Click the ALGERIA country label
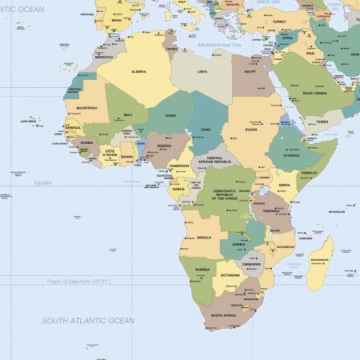[138, 71]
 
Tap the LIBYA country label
[202, 71]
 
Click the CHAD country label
[206, 128]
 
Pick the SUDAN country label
[250, 128]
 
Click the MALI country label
[128, 114]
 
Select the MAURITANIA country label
[87, 106]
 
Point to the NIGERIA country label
[164, 146]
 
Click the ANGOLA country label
[204, 237]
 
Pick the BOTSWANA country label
[231, 275]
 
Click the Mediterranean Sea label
[220, 44]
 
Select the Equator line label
[43, 182]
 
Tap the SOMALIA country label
[310, 172]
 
